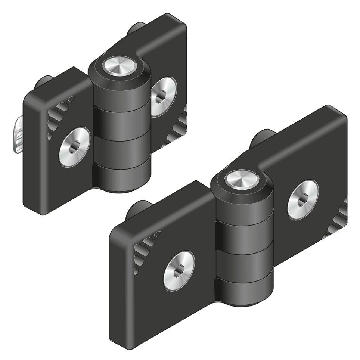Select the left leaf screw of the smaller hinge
click(74, 146)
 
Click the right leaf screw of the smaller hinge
click(163, 96)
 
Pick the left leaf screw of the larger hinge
click(179, 270)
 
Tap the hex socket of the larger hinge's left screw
click(179, 270)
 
